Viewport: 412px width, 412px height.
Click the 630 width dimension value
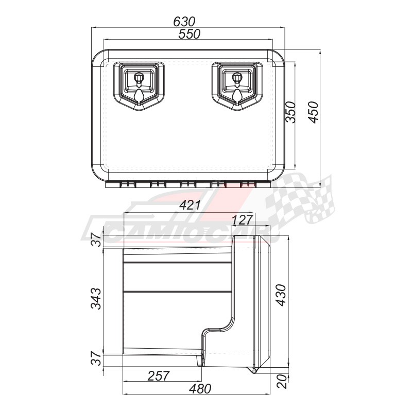(x=184, y=22)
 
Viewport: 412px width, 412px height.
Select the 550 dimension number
(x=189, y=34)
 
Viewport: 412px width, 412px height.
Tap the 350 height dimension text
(x=290, y=112)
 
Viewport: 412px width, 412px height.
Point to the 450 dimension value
(x=313, y=112)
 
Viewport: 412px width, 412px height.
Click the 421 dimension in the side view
(x=190, y=205)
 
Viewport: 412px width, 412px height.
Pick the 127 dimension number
(x=243, y=220)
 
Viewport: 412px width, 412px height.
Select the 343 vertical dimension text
(x=96, y=299)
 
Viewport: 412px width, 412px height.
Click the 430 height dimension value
(x=281, y=295)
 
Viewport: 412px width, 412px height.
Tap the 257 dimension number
(x=159, y=376)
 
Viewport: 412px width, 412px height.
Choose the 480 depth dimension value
(x=200, y=389)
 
